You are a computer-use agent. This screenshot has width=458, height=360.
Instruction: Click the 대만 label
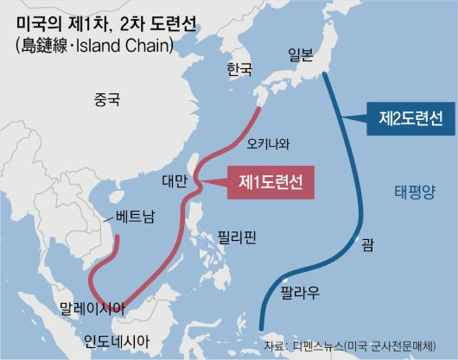(174, 181)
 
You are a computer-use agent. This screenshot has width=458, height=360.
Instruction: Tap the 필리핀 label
(237, 234)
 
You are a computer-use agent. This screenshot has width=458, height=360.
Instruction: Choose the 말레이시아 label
(91, 307)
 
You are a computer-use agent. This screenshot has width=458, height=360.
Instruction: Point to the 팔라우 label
(301, 294)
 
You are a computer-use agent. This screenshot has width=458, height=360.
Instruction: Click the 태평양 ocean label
(415, 191)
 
